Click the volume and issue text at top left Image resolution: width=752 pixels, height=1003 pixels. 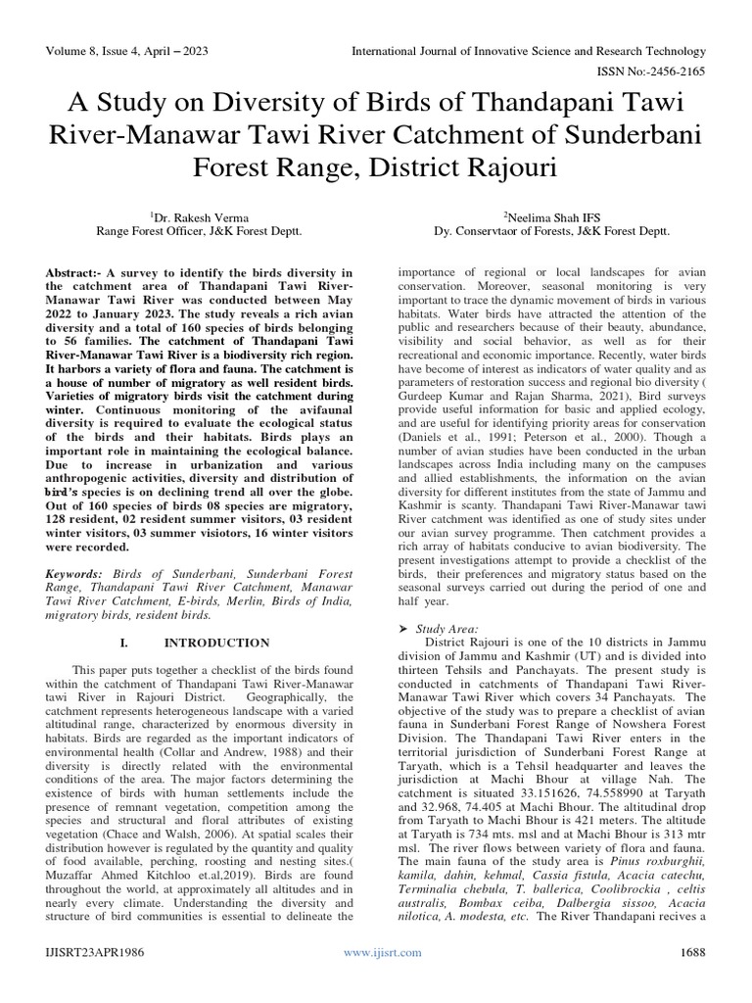pos(125,51)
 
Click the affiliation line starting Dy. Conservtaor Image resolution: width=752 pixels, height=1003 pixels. pos(551,232)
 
